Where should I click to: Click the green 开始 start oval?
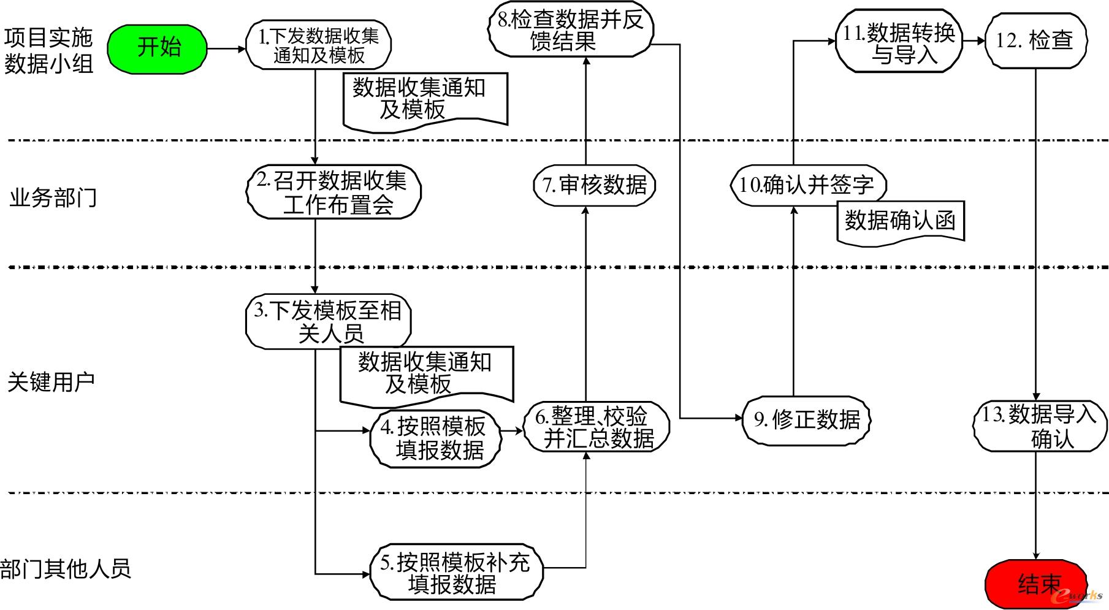coord(158,48)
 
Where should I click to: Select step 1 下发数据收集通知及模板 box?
coord(318,45)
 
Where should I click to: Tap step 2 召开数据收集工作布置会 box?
coord(334,193)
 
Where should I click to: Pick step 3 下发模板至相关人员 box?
coord(328,322)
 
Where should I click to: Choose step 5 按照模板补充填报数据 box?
coord(456,572)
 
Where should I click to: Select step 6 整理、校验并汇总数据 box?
coord(596,428)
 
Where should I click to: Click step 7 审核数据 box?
coord(594,185)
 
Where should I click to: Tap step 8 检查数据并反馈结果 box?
coord(570,31)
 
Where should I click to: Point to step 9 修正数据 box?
coord(806,419)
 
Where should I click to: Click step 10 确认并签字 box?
coord(809,185)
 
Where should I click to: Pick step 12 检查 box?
coord(1035,41)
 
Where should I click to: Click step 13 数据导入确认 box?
coord(1040,427)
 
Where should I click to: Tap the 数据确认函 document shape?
coord(900,222)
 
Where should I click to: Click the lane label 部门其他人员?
coord(66,568)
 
